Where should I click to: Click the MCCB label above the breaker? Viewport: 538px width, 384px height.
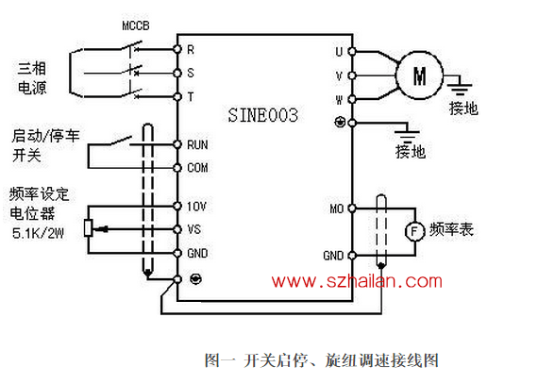click(136, 25)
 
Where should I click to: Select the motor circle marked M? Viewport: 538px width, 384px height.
click(419, 75)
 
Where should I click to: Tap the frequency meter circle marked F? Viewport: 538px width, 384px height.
click(414, 231)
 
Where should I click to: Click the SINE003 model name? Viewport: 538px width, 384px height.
click(262, 115)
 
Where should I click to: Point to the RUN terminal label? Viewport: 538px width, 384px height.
click(197, 145)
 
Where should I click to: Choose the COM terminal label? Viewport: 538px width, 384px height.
click(197, 168)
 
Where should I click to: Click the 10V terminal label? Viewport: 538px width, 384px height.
click(196, 207)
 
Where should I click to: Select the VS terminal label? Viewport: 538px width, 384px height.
click(193, 229)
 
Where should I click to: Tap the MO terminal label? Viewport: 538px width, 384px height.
click(337, 209)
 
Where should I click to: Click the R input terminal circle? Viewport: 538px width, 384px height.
click(177, 49)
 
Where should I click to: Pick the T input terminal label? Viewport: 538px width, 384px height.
click(191, 96)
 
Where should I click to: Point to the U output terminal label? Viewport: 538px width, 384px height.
click(339, 52)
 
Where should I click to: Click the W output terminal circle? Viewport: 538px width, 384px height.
click(352, 99)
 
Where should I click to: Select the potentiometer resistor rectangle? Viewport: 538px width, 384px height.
click(88, 227)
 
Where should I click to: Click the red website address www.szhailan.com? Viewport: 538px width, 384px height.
click(357, 281)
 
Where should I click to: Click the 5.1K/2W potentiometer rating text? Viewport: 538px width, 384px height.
click(38, 233)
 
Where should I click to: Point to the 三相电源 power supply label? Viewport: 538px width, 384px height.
click(32, 78)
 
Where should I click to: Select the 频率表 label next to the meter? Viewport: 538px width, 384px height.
click(451, 229)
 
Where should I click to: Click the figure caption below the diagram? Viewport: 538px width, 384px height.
click(322, 360)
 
